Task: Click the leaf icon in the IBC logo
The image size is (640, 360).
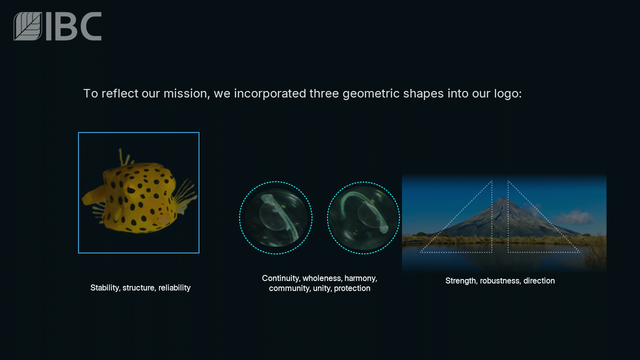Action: pyautogui.click(x=27, y=26)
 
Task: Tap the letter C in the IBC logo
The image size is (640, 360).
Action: pyautogui.click(x=91, y=26)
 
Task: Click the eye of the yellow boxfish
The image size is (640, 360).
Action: pyautogui.click(x=131, y=190)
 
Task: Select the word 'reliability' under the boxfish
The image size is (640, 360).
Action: pyautogui.click(x=174, y=287)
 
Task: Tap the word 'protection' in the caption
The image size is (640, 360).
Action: pyautogui.click(x=352, y=288)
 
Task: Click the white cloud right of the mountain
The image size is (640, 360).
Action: pyautogui.click(x=573, y=217)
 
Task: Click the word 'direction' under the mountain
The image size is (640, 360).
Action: pyautogui.click(x=539, y=280)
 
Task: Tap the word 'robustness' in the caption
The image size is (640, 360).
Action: pyautogui.click(x=499, y=280)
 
